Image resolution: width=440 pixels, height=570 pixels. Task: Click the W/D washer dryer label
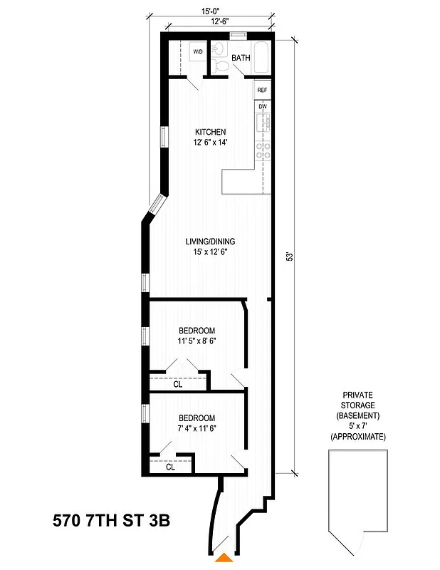[x=197, y=51]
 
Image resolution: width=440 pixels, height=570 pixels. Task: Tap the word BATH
[x=240, y=59]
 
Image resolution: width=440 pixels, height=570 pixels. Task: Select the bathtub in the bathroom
[x=261, y=58]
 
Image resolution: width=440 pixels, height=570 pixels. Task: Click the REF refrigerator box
[x=262, y=90]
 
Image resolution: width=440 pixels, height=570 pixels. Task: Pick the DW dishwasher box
[x=263, y=107]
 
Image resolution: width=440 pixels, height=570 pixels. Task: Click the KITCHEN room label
[x=211, y=132]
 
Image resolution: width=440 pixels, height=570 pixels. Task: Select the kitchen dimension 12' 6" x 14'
[x=211, y=143]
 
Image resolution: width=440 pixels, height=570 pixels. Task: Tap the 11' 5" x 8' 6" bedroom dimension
[x=196, y=341]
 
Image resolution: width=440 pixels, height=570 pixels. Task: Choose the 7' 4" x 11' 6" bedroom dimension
[x=196, y=429]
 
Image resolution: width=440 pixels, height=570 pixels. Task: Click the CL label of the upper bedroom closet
[x=178, y=383]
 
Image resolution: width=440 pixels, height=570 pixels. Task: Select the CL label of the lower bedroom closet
[x=171, y=468]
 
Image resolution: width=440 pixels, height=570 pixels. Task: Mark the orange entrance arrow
[x=224, y=559]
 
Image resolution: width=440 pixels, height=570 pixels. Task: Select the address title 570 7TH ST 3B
[x=112, y=521]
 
